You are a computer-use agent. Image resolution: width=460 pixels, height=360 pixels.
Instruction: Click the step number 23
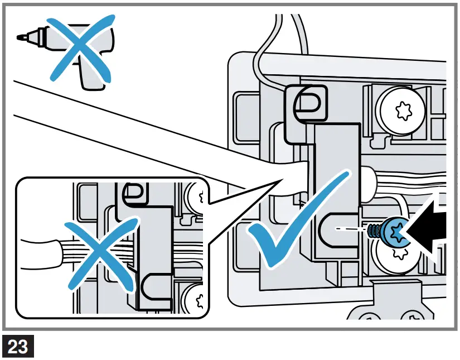click(18, 347)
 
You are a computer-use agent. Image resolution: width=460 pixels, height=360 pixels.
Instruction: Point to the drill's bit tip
click(21, 38)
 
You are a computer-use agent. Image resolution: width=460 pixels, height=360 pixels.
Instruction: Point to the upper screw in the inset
click(196, 196)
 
